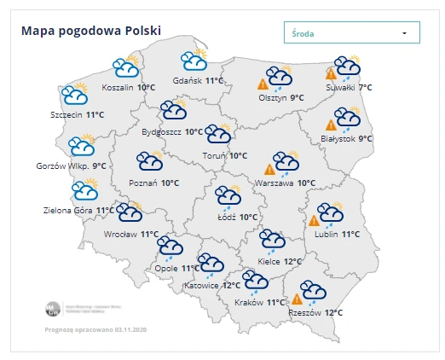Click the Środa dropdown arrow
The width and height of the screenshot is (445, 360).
tap(404, 33)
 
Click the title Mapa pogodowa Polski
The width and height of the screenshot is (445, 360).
tap(91, 32)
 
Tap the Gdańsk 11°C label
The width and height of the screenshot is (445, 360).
tap(198, 80)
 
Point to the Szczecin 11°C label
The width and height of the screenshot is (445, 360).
tap(77, 114)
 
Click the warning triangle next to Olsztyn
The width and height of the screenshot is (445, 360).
tap(264, 84)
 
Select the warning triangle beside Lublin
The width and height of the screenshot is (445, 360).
tap(314, 221)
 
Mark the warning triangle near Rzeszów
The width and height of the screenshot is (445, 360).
tap(298, 299)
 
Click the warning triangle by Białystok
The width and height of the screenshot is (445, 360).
tap(331, 125)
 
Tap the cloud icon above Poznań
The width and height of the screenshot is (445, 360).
tap(151, 162)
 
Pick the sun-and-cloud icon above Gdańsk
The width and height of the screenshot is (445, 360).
tap(195, 60)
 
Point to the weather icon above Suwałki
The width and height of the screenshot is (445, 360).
tap(347, 67)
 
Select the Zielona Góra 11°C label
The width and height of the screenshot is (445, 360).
tap(79, 210)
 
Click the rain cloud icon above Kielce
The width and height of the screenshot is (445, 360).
tap(272, 241)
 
